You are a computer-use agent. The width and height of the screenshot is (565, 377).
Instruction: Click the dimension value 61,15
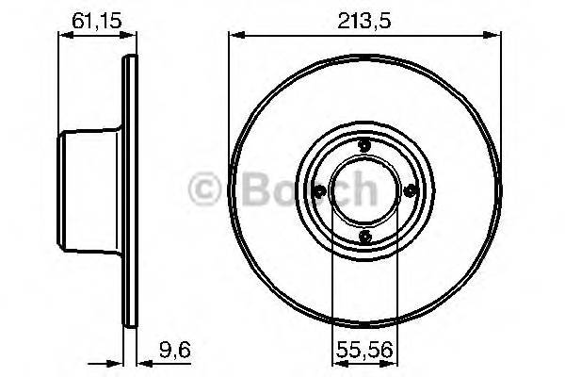[95, 18]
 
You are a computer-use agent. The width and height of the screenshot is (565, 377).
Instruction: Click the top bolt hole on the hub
[363, 145]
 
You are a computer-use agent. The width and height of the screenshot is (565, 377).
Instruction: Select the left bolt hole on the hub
[318, 191]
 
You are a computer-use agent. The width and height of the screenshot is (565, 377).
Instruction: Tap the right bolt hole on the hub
[408, 191]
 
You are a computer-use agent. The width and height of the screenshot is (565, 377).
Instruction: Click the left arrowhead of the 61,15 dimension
[63, 36]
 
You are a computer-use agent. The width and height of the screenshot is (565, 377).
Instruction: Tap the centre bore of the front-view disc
[363, 191]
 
